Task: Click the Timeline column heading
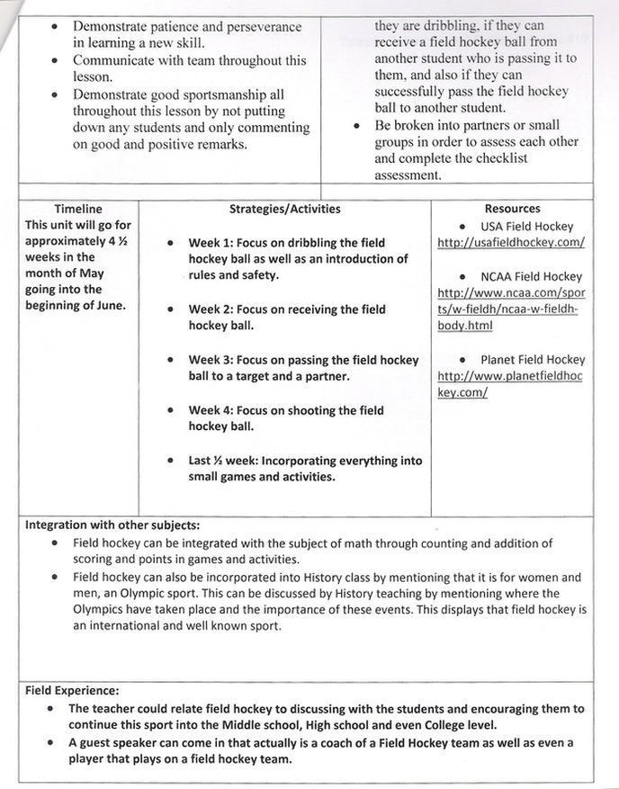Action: pyautogui.click(x=78, y=209)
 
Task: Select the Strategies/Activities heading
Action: pyautogui.click(x=285, y=209)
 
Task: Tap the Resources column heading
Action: pyautogui.click(x=512, y=209)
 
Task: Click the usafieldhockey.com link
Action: pyautogui.click(x=511, y=243)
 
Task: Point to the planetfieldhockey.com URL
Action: pyautogui.click(x=510, y=384)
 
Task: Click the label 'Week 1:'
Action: pyautogui.click(x=212, y=244)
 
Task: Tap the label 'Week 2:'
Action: pyautogui.click(x=212, y=309)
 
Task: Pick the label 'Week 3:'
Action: pyautogui.click(x=212, y=360)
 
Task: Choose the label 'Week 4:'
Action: pyautogui.click(x=212, y=410)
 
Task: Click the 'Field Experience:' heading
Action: pyautogui.click(x=72, y=692)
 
